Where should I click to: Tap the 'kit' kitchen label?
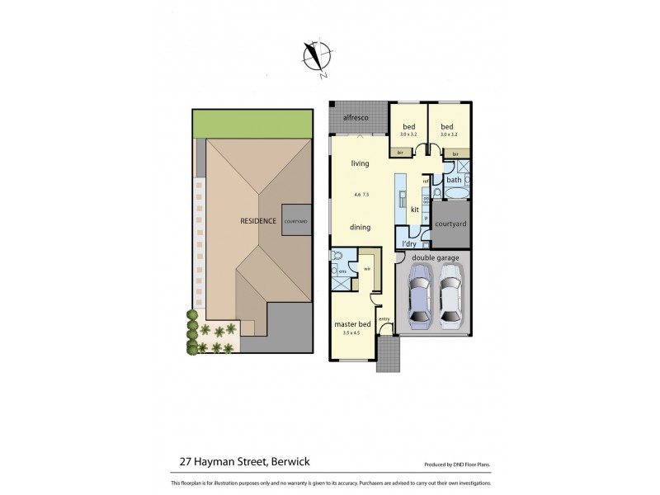pos(414,210)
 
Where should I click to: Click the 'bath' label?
pos(454,180)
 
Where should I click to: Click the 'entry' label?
pos(384,319)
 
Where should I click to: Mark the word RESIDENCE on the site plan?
pos(257,221)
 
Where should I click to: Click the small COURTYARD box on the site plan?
pos(295,221)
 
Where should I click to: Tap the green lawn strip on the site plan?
pos(252,124)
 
